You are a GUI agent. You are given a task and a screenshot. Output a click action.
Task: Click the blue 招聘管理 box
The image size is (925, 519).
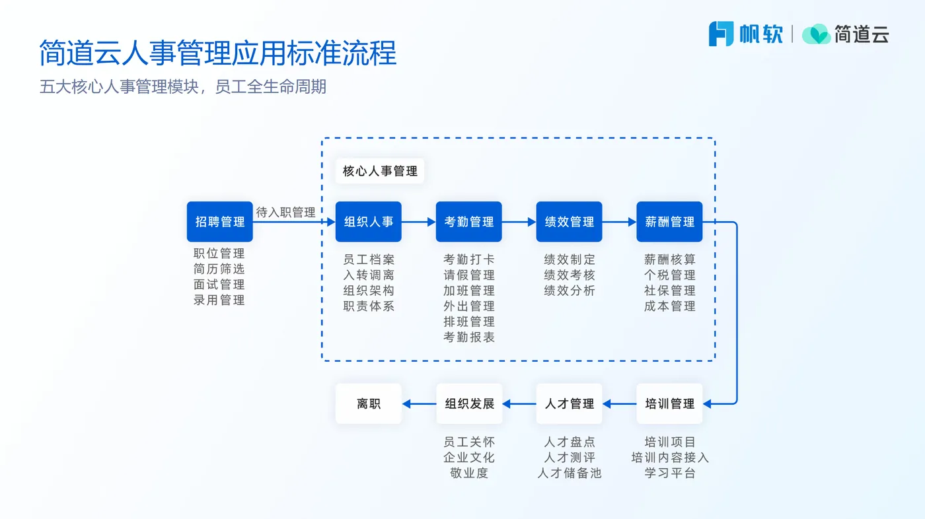pos(219,222)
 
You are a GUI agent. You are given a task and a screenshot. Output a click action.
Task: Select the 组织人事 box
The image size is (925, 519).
pos(369,222)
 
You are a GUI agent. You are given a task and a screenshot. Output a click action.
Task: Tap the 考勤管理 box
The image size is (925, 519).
pos(468,222)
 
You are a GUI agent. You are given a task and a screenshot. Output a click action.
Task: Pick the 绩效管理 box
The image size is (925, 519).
pos(569,222)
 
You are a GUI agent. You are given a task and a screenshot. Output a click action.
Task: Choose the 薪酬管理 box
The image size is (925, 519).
pos(669,222)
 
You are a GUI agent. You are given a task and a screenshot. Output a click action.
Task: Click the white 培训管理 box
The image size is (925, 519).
pos(669,403)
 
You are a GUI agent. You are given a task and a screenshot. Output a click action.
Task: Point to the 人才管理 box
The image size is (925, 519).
pos(569,403)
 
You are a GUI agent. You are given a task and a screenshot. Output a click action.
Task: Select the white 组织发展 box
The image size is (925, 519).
pos(469,403)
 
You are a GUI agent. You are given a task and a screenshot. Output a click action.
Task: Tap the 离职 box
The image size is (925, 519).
pos(369,403)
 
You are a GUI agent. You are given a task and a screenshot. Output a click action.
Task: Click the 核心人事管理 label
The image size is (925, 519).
pos(380,171)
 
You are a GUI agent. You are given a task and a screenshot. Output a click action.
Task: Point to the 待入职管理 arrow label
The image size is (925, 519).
pos(285,212)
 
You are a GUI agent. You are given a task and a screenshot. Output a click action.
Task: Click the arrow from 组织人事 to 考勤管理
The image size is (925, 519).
pos(419,222)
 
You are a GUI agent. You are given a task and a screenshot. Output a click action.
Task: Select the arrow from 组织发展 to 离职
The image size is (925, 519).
pos(419,404)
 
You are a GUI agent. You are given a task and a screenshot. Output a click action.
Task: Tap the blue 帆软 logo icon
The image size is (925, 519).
pos(721,34)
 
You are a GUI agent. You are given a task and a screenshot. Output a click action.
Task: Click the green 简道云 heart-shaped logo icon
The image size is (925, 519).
pos(816,34)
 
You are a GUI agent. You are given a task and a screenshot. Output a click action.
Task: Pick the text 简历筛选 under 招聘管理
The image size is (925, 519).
pos(219,269)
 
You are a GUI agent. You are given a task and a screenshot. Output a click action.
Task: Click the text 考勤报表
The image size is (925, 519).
pos(469,337)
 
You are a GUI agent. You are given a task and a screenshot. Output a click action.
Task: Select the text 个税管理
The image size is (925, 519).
pos(669,275)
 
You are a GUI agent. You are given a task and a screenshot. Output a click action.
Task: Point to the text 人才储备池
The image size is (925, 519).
pos(569,473)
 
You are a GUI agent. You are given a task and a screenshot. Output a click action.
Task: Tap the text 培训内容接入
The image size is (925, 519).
pos(669,458)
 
